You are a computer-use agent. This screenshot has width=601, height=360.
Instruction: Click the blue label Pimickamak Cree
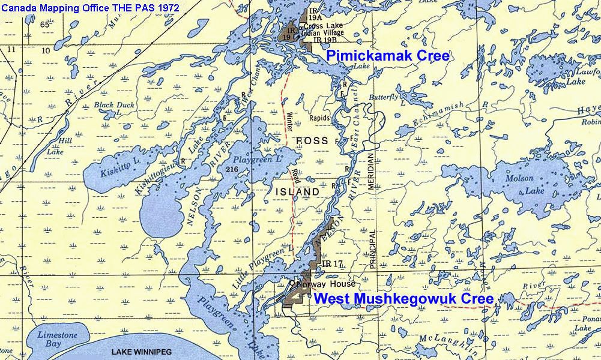[387, 57]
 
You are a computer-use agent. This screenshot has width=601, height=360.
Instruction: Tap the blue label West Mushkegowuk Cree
[403, 298]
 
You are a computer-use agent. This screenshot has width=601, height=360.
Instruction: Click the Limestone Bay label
[58, 339]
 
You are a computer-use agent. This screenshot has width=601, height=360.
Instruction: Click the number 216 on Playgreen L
[233, 170]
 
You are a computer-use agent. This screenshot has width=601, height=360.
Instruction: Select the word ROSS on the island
[312, 140]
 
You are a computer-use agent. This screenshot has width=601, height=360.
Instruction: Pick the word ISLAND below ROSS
[297, 191]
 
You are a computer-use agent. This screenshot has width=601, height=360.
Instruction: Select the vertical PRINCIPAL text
[372, 249]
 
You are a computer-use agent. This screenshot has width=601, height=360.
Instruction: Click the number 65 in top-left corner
[45, 25]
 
